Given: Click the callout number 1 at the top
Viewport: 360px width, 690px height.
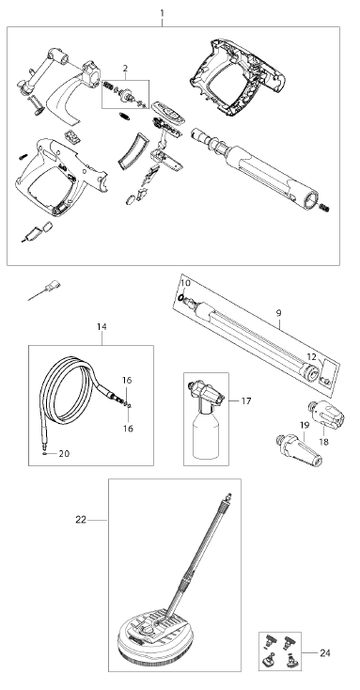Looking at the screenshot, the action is [162, 13].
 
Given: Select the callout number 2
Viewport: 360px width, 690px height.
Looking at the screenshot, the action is [125, 69].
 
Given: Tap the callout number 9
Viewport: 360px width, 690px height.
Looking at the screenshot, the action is [278, 313].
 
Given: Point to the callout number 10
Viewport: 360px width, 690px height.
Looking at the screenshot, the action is [186, 283].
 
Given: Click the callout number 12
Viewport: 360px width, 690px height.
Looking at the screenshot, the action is [311, 356].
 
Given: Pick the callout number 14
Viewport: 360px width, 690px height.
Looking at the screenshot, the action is [102, 327].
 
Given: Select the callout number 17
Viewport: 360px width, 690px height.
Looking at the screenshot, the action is [246, 400].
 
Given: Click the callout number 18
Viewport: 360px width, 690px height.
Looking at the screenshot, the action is [324, 442].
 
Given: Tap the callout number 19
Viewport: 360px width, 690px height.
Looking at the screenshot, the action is [305, 425].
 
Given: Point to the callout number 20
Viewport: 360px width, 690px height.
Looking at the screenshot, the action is [64, 454].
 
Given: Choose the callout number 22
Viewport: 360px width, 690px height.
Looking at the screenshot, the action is [81, 520].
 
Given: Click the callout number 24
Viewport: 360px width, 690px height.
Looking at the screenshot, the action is [325, 653].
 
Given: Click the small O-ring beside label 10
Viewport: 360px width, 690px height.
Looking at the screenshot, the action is [180, 297].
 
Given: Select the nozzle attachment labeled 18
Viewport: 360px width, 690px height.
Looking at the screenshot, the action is [328, 414].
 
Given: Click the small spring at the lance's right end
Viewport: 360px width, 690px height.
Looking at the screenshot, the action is [324, 207].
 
